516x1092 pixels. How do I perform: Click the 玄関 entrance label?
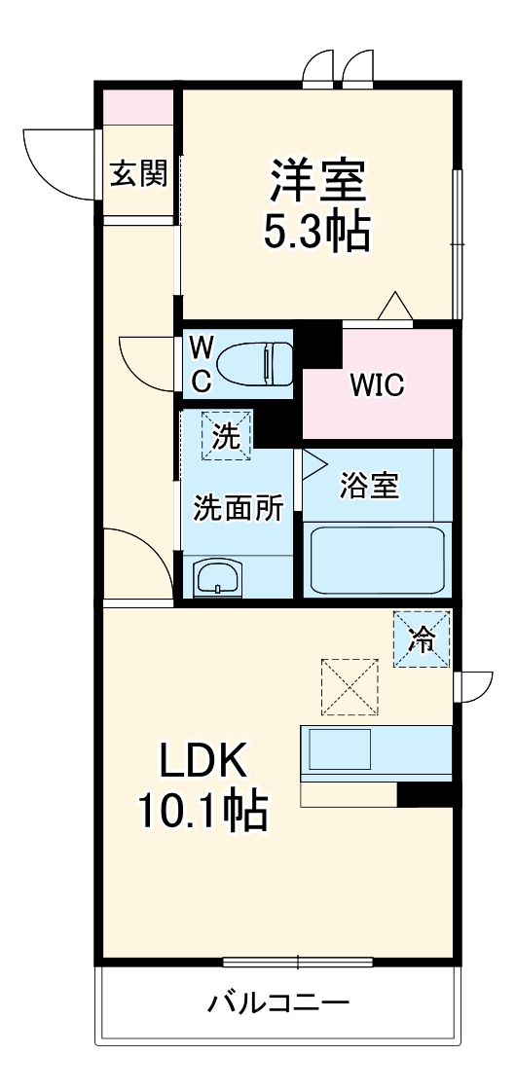click(137, 174)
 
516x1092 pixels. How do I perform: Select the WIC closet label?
click(377, 384)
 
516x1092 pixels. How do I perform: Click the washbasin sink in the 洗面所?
click(217, 578)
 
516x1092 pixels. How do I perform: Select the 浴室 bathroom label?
click(369, 486)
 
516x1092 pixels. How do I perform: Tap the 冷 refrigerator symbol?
click(423, 638)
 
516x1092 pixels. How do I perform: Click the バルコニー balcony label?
click(276, 1002)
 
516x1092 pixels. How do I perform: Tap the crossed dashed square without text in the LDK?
click(348, 685)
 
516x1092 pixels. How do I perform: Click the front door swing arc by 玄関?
click(58, 161)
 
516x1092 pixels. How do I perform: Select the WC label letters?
click(200, 364)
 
